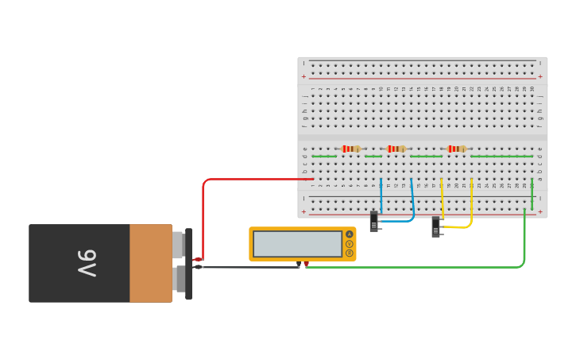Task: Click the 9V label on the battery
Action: pyautogui.click(x=87, y=263)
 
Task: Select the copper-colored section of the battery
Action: pyautogui.click(x=150, y=263)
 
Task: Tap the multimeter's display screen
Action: pyautogui.click(x=297, y=244)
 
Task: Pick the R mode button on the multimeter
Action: pyautogui.click(x=349, y=253)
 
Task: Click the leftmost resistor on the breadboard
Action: pyautogui.click(x=350, y=149)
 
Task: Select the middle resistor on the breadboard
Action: pyautogui.click(x=396, y=149)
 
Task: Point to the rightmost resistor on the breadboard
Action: pyautogui.click(x=456, y=149)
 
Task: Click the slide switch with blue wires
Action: pyautogui.click(x=374, y=221)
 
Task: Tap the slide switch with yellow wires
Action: pyautogui.click(x=435, y=226)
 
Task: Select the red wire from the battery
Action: pyautogui.click(x=203, y=215)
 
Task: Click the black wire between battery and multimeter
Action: pyautogui.click(x=246, y=267)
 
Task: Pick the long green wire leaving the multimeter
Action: pyautogui.click(x=413, y=267)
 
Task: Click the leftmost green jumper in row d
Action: pyautogui.click(x=324, y=157)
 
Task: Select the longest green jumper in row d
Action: pyautogui.click(x=501, y=157)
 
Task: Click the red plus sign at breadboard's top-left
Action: pyautogui.click(x=303, y=77)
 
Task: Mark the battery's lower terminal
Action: pyautogui.click(x=180, y=279)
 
